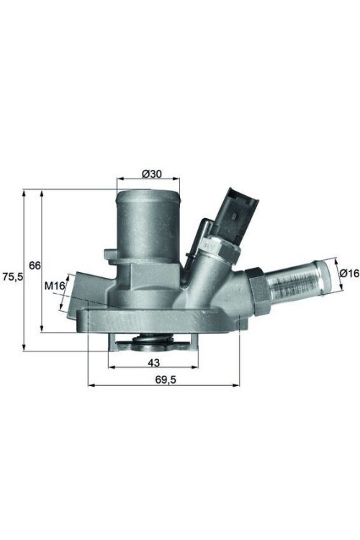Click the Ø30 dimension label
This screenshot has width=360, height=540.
[150, 174]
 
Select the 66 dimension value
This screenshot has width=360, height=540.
[35, 265]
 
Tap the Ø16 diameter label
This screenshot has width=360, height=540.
[349, 273]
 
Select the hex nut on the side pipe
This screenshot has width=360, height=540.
[257, 290]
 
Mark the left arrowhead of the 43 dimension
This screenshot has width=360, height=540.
[112, 366]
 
